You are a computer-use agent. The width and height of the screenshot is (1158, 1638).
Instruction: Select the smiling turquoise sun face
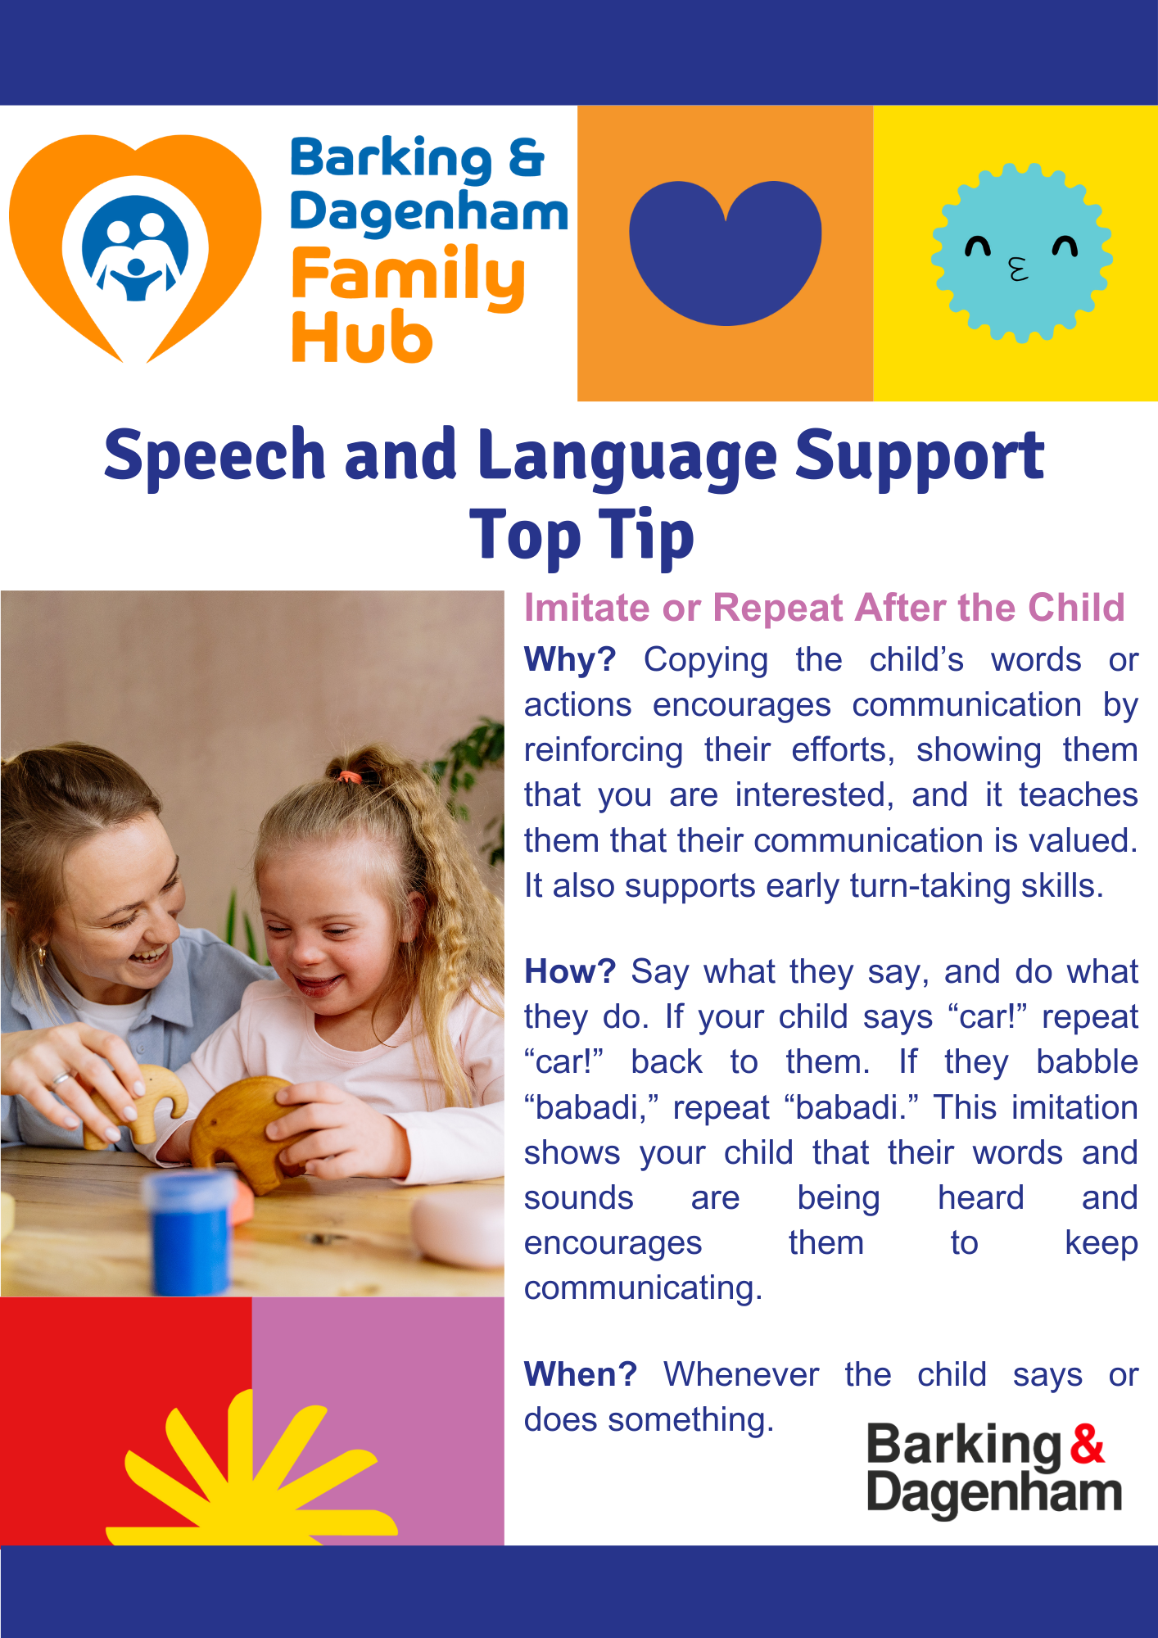coord(1021,252)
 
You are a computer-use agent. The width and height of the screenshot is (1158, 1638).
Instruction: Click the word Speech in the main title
coord(215,455)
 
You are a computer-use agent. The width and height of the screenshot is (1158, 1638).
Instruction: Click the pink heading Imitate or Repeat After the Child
coord(825,608)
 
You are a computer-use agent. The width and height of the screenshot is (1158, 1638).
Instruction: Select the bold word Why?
coord(570,659)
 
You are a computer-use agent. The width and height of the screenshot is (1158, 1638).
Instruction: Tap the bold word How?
coord(570,971)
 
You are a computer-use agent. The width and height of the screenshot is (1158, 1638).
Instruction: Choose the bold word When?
coord(581,1374)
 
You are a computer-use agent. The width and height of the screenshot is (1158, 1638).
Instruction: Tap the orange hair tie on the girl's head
coord(350,776)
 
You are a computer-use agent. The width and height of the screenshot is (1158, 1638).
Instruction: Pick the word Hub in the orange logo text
coord(361,337)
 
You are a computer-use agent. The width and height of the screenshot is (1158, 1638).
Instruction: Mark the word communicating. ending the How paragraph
coord(644,1288)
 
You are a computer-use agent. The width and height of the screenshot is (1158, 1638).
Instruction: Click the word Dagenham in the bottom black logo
coord(994,1493)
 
